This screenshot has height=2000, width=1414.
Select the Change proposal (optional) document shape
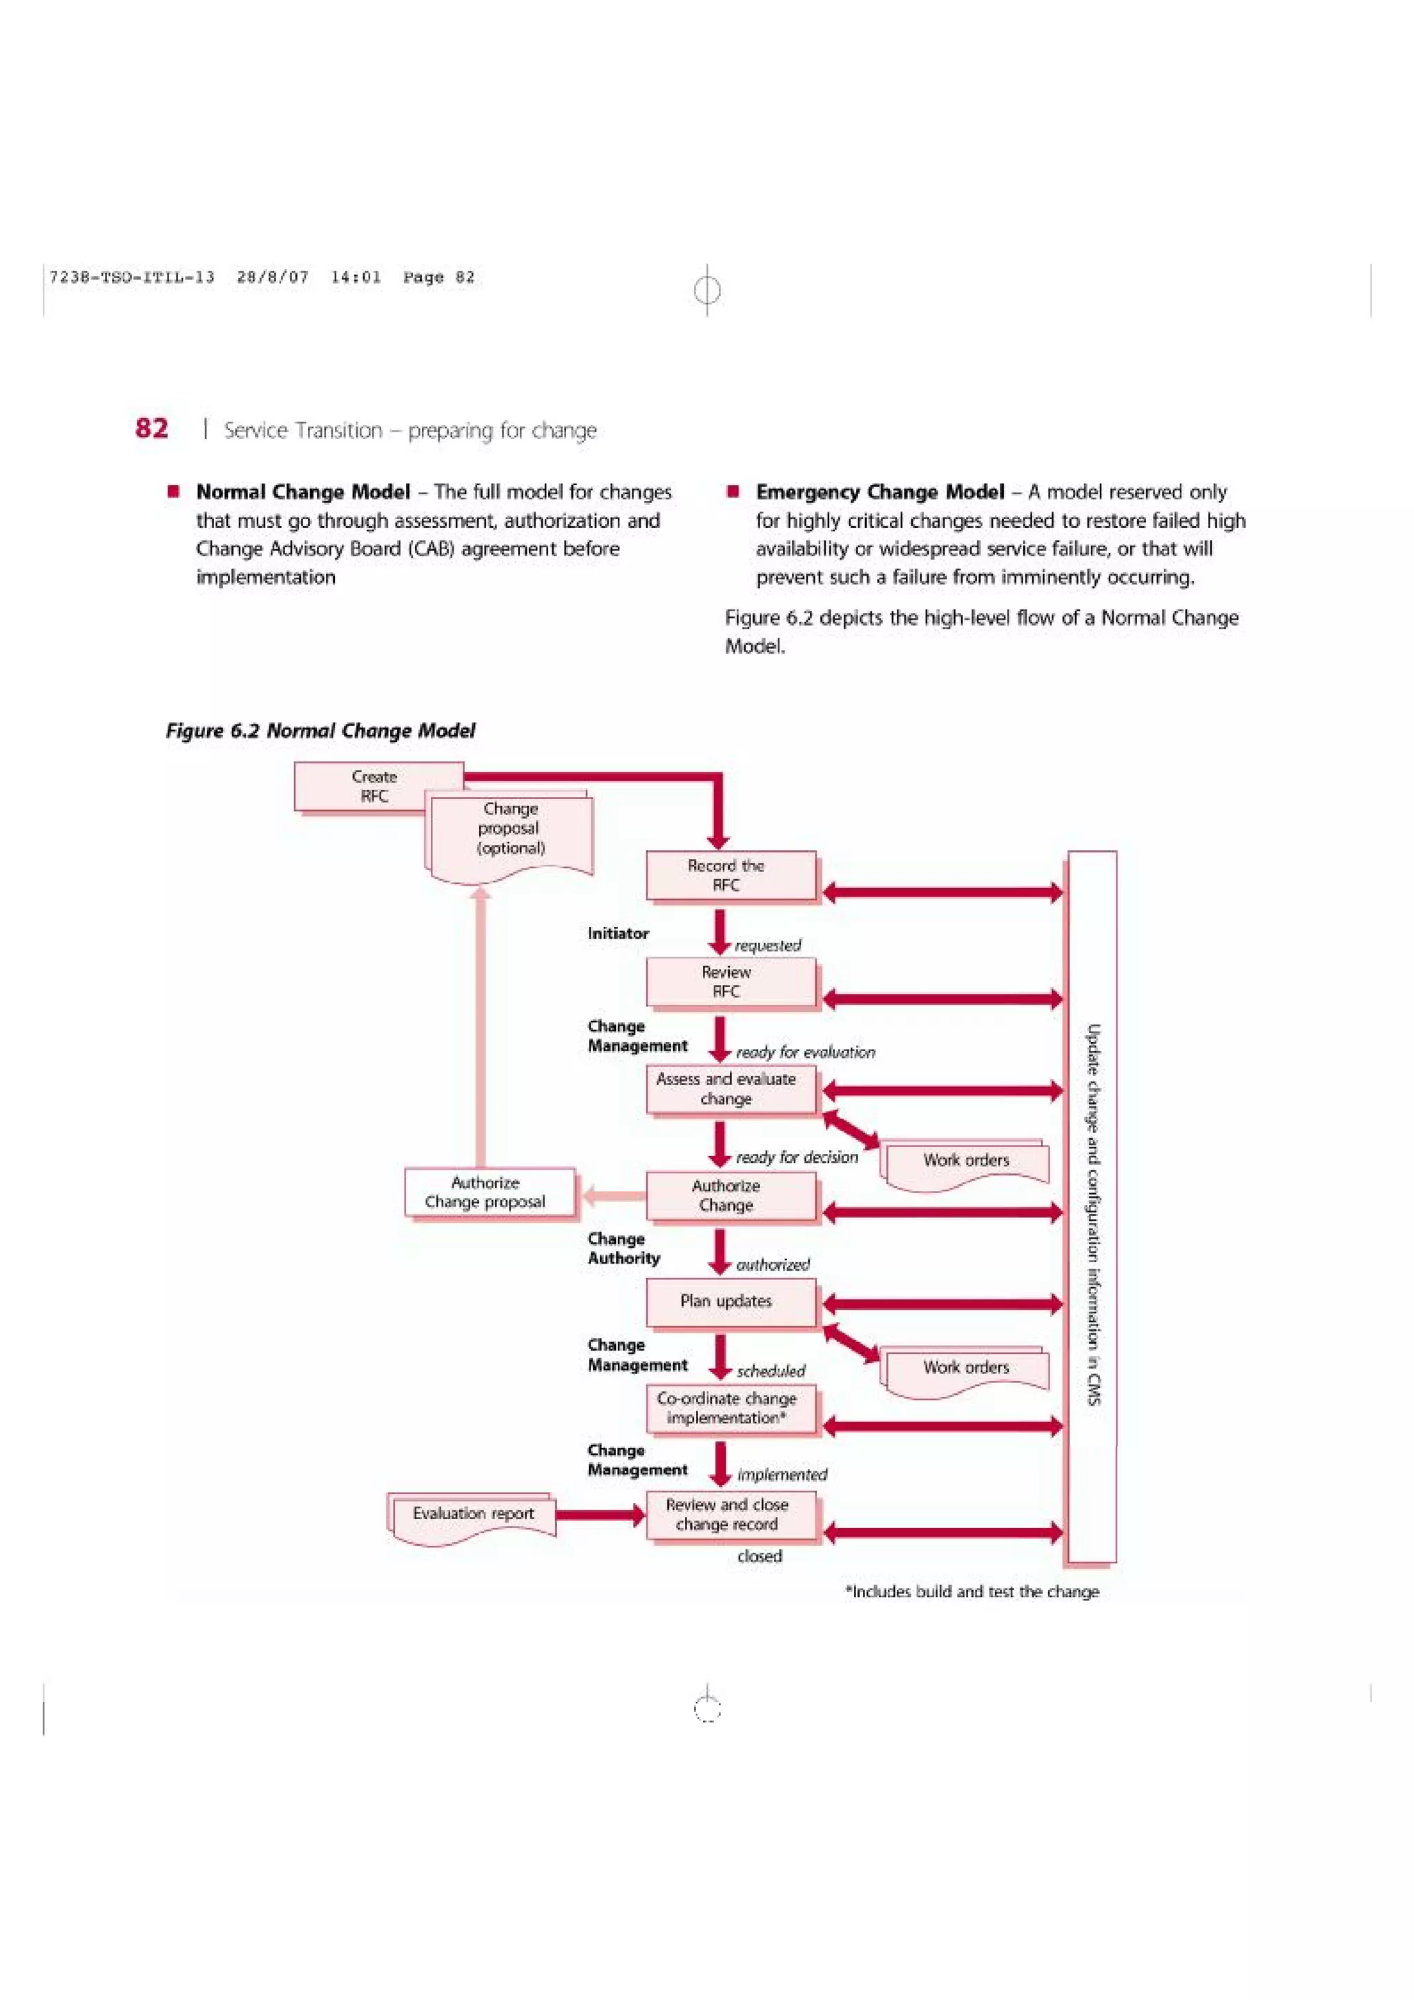(510, 832)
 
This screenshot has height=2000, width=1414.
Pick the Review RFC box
(730, 981)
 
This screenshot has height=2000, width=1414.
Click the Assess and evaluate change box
(730, 1089)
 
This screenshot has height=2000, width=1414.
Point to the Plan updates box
(730, 1302)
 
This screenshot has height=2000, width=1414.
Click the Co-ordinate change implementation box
(730, 1409)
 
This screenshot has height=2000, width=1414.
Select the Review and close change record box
(730, 1515)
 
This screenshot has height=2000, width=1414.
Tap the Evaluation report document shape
(473, 1515)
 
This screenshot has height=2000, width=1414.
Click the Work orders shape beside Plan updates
(965, 1369)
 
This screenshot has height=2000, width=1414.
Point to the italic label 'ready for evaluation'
(805, 1052)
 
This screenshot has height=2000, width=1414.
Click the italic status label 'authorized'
(773, 1265)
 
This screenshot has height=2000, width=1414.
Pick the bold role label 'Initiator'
(618, 934)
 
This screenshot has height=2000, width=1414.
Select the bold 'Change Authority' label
(623, 1248)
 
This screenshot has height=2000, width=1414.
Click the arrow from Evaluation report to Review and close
(600, 1516)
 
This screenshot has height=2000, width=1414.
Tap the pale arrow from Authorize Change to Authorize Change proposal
(613, 1196)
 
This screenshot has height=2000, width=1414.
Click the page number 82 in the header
(152, 429)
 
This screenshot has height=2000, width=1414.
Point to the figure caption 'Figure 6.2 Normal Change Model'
(320, 731)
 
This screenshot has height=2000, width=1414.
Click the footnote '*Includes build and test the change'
(971, 1591)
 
